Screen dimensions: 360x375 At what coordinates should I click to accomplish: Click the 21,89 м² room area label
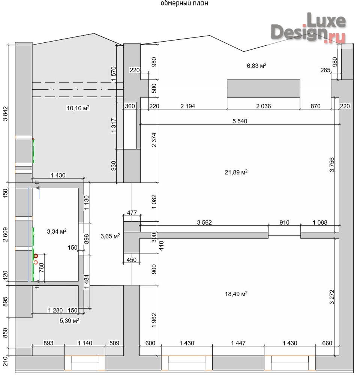236,172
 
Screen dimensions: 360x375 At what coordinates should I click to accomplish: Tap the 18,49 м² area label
236,294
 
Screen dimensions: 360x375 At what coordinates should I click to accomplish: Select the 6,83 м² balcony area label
256,66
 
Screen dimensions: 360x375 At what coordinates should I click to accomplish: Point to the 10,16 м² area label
78,108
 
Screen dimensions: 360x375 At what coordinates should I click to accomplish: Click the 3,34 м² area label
57,231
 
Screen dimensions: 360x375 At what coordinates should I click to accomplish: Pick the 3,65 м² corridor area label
110,236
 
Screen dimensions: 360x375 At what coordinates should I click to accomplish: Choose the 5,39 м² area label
69,321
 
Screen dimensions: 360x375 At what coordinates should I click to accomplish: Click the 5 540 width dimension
240,121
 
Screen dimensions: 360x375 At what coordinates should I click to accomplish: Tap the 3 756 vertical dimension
332,165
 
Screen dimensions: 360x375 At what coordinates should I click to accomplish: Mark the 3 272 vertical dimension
332,297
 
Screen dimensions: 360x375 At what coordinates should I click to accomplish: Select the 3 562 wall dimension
204,222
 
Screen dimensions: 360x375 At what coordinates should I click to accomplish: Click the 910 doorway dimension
284,222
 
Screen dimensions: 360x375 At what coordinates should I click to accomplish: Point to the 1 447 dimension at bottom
238,343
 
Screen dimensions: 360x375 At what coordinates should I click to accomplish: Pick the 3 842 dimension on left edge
5,114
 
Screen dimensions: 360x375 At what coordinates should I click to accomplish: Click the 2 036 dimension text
263,106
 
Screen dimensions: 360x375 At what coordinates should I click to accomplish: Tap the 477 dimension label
132,213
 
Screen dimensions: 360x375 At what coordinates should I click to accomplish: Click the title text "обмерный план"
184,3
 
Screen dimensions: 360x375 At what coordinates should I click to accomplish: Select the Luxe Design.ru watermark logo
309,28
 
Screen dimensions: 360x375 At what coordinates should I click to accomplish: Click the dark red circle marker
36,256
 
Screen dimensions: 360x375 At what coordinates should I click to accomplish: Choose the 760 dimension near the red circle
41,267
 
